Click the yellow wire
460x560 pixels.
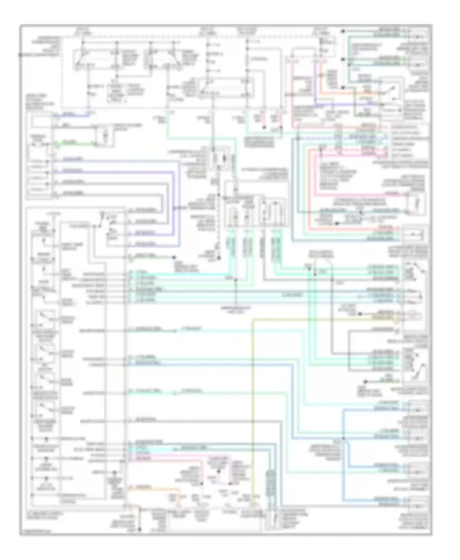click(x=252, y=398)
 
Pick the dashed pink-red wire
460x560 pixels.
click(x=353, y=150)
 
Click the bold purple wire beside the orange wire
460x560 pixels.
click(x=314, y=86)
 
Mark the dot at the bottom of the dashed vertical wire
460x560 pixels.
click(x=219, y=258)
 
